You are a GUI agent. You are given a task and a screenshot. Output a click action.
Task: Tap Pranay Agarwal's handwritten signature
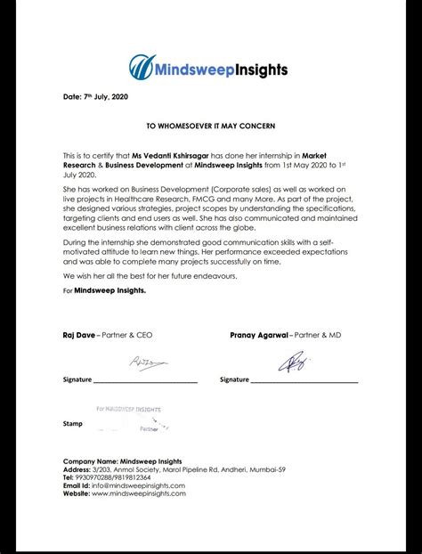tap(294, 362)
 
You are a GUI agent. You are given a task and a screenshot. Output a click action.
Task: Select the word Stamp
tap(73, 424)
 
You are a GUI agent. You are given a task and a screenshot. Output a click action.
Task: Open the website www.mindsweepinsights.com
tap(138, 493)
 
